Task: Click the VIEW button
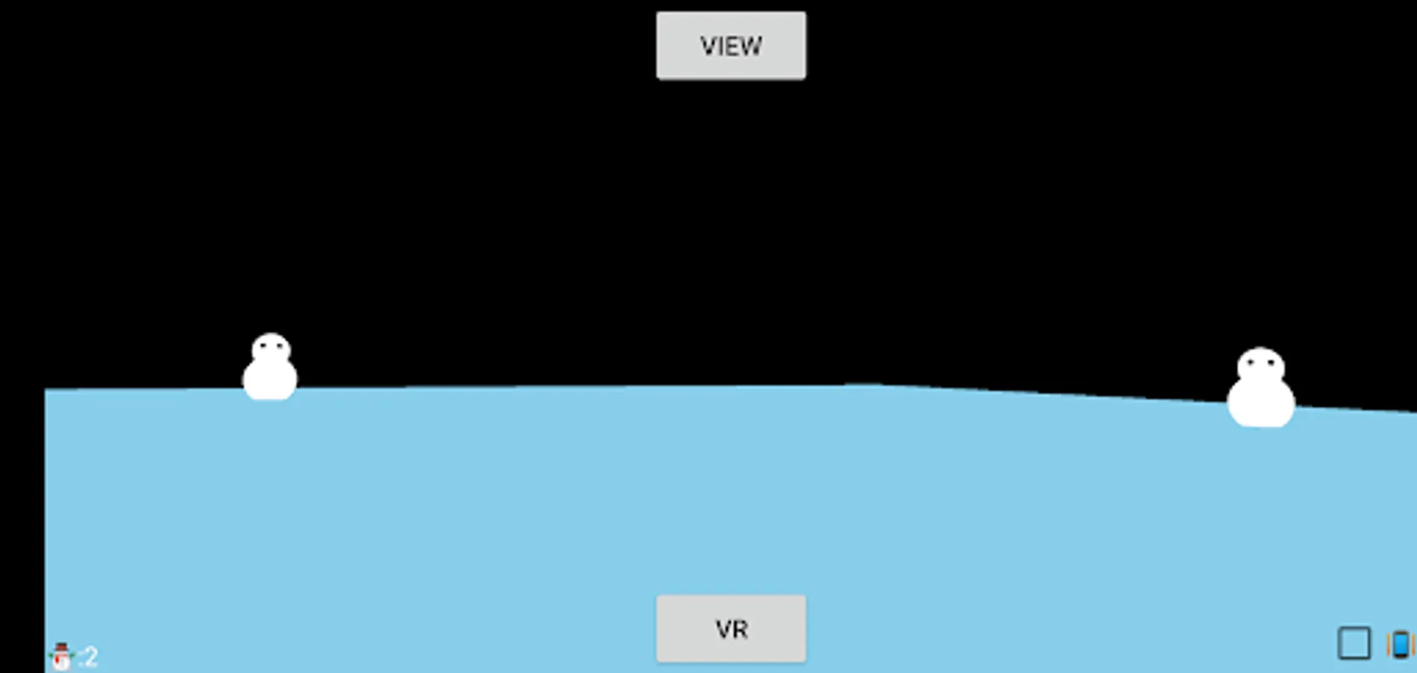(731, 46)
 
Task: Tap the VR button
(731, 629)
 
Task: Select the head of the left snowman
(271, 348)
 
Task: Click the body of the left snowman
(270, 380)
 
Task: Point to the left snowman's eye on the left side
(262, 345)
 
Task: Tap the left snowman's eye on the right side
(278, 345)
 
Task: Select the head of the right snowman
(1261, 365)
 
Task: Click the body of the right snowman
(1261, 402)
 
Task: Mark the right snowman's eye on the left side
(1251, 363)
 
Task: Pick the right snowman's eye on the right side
(1271, 363)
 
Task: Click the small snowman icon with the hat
(61, 657)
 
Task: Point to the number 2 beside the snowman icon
(90, 657)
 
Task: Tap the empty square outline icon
(1353, 643)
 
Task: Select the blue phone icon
(1401, 645)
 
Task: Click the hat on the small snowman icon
(61, 648)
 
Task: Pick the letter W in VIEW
(750, 46)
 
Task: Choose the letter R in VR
(739, 630)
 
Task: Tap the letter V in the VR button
(723, 630)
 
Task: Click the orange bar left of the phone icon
(1389, 645)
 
